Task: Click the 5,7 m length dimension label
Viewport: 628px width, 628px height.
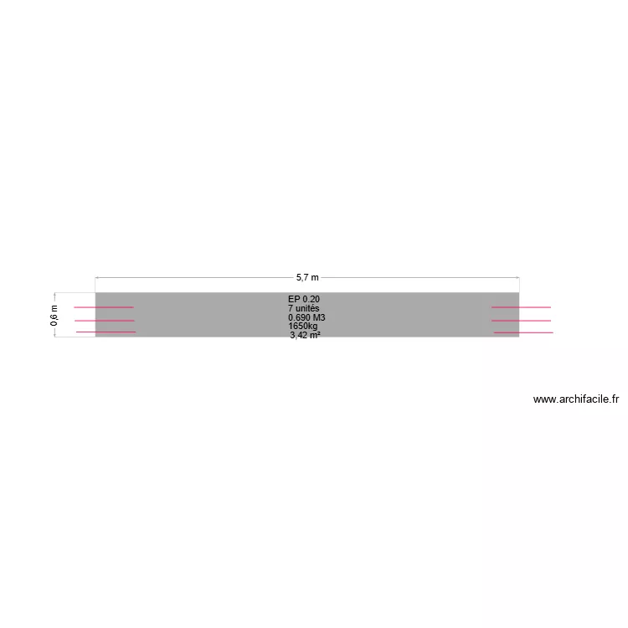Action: pos(307,277)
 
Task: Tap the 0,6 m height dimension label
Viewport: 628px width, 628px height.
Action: pos(54,315)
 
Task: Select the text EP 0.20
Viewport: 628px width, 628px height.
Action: pos(304,299)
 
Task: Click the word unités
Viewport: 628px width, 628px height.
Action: pos(307,308)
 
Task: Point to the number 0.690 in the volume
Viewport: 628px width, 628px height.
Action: pos(299,317)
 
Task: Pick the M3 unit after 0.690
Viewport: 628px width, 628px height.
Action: pos(319,317)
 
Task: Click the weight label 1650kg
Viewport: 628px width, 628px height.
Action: pos(303,326)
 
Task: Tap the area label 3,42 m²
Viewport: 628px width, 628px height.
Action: pos(305,335)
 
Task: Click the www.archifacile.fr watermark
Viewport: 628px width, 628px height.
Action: pos(576,399)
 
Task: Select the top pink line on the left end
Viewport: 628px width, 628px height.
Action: pos(104,307)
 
